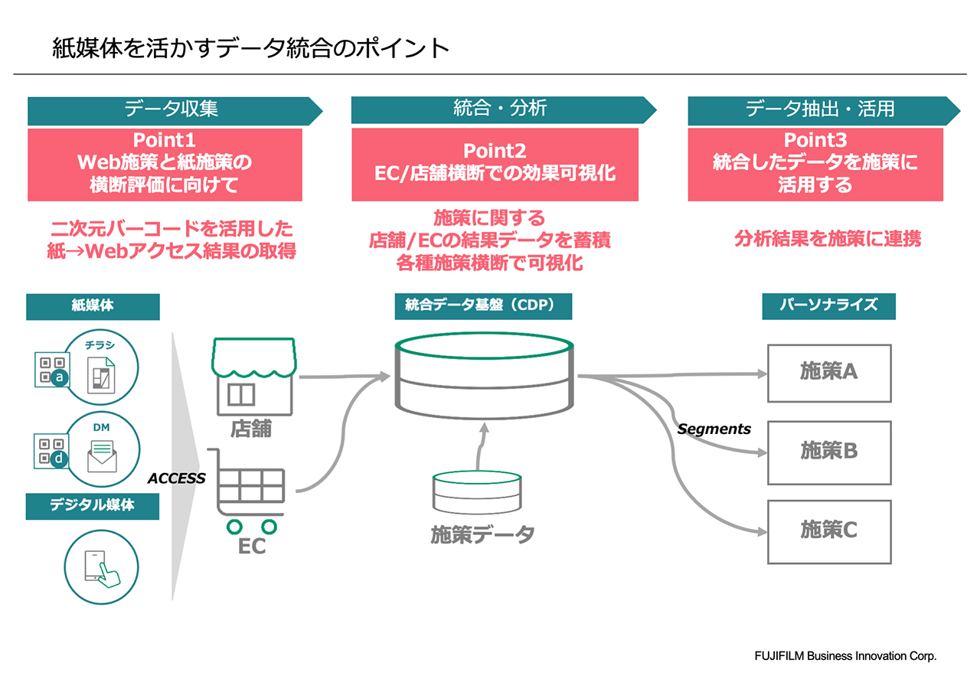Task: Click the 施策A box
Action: [x=829, y=373]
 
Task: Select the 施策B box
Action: [x=829, y=452]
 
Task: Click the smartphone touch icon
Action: [x=102, y=564]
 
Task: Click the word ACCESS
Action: [x=177, y=478]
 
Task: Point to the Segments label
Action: [x=714, y=429]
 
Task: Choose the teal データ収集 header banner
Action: [x=171, y=109]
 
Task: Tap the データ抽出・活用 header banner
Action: [x=820, y=109]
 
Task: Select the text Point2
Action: [x=495, y=152]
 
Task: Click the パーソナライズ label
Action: [x=828, y=305]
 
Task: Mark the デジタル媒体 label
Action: [x=93, y=505]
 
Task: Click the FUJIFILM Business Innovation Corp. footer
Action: [x=845, y=657]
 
